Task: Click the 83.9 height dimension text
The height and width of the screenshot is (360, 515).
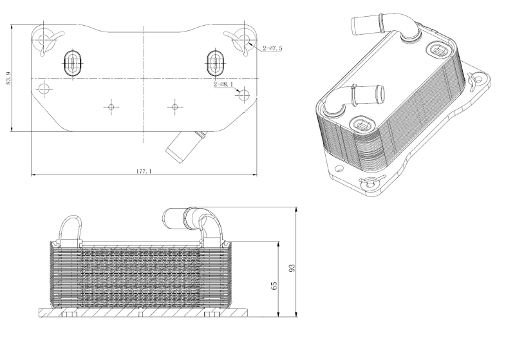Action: click(9, 79)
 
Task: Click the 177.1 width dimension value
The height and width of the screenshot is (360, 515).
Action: click(144, 171)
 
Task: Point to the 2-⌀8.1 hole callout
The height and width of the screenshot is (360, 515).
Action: click(226, 84)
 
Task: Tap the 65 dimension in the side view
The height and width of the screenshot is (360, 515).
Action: click(275, 285)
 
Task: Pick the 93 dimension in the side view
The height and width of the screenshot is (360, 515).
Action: click(292, 267)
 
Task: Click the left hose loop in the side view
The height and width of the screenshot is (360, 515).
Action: click(71, 229)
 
